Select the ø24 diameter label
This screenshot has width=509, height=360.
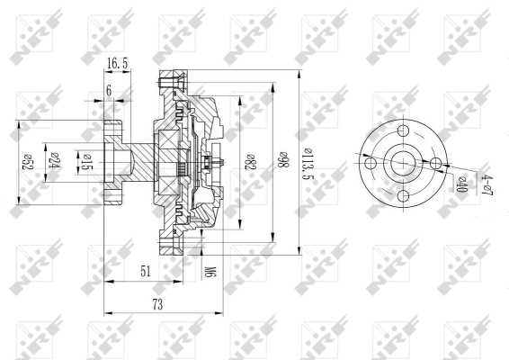[53, 159]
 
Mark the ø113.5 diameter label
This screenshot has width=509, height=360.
[309, 162]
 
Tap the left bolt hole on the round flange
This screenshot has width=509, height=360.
[370, 163]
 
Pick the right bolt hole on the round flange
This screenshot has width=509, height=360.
[435, 163]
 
